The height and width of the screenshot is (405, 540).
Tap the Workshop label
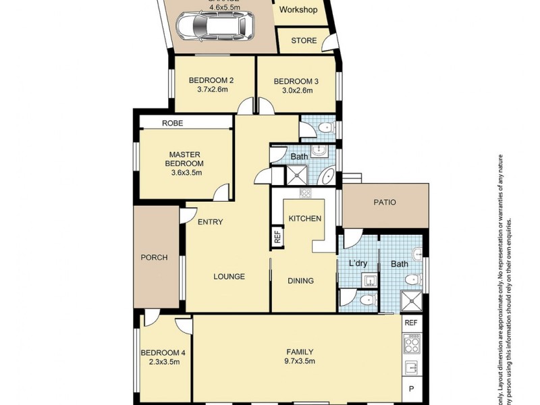298,10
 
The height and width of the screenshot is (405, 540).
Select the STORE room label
304,40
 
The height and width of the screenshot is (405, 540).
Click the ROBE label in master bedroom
172,123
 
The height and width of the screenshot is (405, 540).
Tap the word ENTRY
210,222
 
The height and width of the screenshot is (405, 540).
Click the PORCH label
154,257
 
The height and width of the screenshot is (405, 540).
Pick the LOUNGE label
229,276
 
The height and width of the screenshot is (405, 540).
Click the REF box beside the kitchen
277,237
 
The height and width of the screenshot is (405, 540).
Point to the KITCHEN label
304,219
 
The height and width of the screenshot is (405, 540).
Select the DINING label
300,281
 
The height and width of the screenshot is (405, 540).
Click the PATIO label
385,202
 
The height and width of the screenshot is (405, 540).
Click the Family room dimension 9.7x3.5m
300,361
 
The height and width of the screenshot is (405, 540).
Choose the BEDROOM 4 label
163,353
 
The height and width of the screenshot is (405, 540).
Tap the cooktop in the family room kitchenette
412,346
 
